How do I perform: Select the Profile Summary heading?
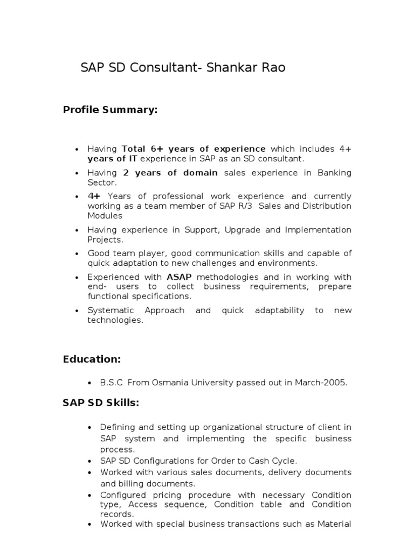coord(110,110)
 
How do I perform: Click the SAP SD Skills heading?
coord(101,403)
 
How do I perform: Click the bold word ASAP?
coord(180,277)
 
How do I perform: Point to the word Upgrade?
coord(244,230)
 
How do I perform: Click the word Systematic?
coord(110,310)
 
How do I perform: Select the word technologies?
coord(115,320)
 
